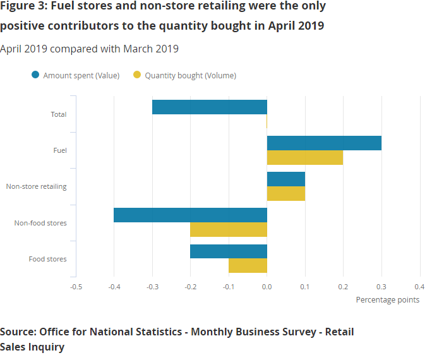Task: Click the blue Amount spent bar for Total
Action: pyautogui.click(x=210, y=107)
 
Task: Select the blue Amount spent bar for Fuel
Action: pyautogui.click(x=324, y=143)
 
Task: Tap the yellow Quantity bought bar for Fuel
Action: pyautogui.click(x=305, y=157)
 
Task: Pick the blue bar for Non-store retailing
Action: pyautogui.click(x=286, y=179)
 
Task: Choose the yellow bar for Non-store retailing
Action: pyautogui.click(x=286, y=193)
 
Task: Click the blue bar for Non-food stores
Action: pyautogui.click(x=190, y=215)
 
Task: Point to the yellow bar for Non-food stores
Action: pyautogui.click(x=229, y=229)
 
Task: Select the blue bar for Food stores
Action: pyautogui.click(x=229, y=251)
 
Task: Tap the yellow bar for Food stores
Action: pyautogui.click(x=248, y=265)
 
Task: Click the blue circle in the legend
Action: pyautogui.click(x=35, y=75)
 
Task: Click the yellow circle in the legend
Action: pyautogui.click(x=137, y=75)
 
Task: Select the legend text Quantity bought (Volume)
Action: pyautogui.click(x=190, y=75)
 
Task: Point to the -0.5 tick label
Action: pyautogui.click(x=75, y=286)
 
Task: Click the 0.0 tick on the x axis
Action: pyautogui.click(x=267, y=286)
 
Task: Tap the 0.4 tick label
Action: pyautogui.click(x=419, y=286)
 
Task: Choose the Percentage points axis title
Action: pyautogui.click(x=387, y=299)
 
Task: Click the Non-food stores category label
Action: pyautogui.click(x=40, y=223)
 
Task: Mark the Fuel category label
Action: pyautogui.click(x=60, y=150)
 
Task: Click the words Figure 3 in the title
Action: pyautogui.click(x=23, y=7)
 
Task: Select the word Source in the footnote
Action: pyautogui.click(x=18, y=332)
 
